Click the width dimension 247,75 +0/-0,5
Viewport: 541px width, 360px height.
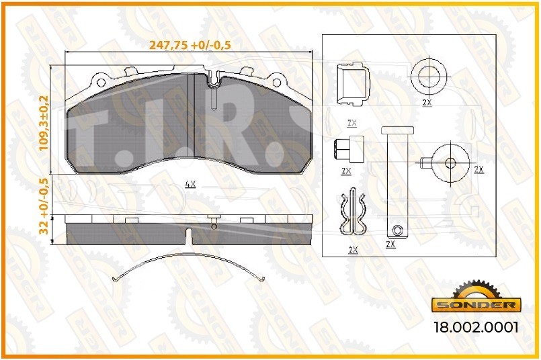pyautogui.click(x=190, y=45)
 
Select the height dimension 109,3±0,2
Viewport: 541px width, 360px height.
pyautogui.click(x=44, y=123)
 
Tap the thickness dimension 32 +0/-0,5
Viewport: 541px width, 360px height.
pyautogui.click(x=44, y=207)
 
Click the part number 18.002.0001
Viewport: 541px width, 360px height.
pyautogui.click(x=476, y=327)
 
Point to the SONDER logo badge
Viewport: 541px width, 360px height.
pyautogui.click(x=476, y=300)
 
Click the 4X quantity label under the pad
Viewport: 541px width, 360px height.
pyautogui.click(x=190, y=185)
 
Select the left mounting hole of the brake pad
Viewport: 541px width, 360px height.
pyautogui.click(x=101, y=83)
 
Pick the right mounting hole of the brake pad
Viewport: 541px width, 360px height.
pyautogui.click(x=277, y=83)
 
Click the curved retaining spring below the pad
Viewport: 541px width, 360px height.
pyautogui.click(x=189, y=256)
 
